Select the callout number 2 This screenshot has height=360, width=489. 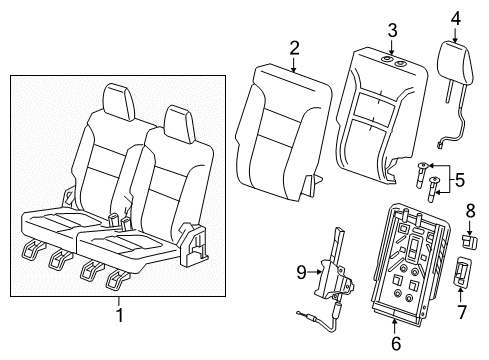pos(295,47)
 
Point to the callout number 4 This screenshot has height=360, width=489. pos(455,17)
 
